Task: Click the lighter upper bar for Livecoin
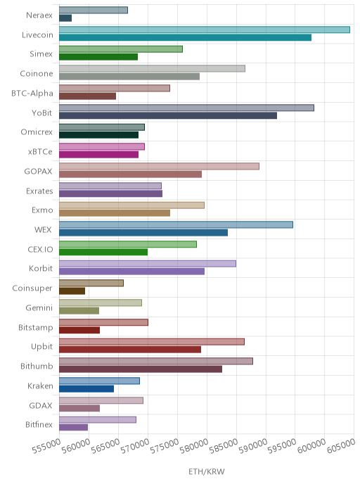(205, 30)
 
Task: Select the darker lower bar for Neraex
(65, 18)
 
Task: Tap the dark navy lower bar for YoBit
(168, 116)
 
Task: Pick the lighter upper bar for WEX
(176, 224)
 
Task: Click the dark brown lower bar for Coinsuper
(72, 291)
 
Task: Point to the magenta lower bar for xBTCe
(98, 155)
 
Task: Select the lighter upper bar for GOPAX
(159, 166)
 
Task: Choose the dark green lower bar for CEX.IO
(103, 252)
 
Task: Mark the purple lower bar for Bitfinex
(73, 428)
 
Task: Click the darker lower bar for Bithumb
(141, 369)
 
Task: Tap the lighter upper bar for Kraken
(99, 381)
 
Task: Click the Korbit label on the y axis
(41, 269)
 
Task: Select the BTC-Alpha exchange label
(32, 94)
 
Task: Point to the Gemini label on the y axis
(39, 307)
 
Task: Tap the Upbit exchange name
(42, 347)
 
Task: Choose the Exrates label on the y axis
(39, 191)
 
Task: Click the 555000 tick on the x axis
(46, 447)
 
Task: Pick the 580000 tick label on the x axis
(194, 447)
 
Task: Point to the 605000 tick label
(341, 447)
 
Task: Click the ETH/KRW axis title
(207, 471)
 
